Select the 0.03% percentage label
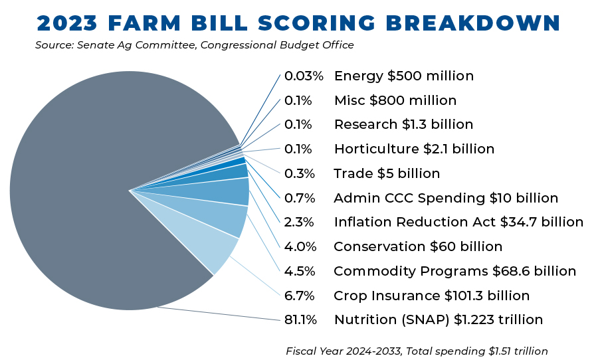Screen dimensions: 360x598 (304, 76)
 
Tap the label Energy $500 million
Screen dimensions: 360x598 (403, 76)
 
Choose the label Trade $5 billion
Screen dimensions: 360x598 (387, 173)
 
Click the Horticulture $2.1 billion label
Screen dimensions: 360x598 (414, 149)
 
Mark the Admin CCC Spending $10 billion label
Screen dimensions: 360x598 (446, 198)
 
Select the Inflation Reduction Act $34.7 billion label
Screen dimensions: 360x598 (458, 222)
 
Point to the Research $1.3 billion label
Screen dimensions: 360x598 (403, 124)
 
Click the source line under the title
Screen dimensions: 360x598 (194, 45)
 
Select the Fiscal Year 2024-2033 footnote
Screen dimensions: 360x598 (417, 350)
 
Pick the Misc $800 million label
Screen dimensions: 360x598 (395, 100)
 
